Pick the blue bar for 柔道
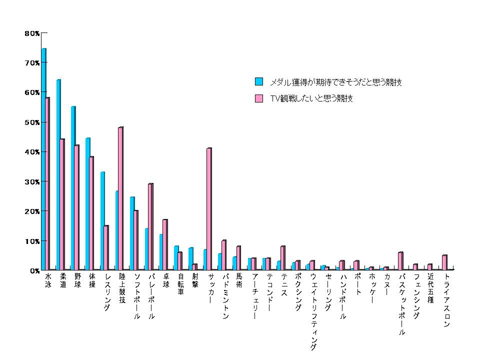coord(58,174)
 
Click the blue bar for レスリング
coord(102,220)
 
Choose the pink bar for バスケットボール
coord(400,261)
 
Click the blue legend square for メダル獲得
coord(259,81)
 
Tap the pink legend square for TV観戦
coord(259,98)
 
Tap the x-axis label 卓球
coord(165,280)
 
